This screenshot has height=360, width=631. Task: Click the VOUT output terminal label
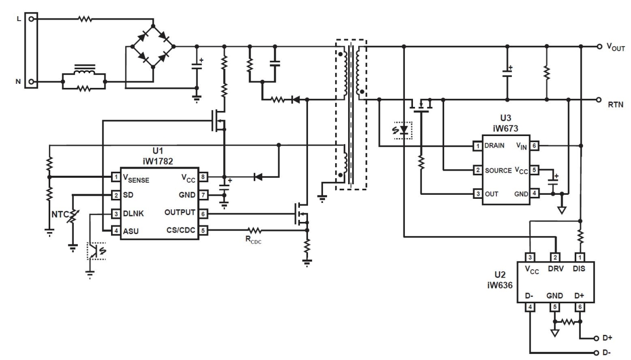click(x=616, y=47)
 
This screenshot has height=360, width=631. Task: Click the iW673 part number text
click(x=504, y=129)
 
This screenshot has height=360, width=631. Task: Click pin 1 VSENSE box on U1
click(x=115, y=177)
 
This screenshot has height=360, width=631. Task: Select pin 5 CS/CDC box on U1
click(x=203, y=230)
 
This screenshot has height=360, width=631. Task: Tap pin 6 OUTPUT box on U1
click(x=203, y=213)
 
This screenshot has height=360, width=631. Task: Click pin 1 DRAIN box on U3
click(x=477, y=147)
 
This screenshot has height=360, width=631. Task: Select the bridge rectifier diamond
click(x=153, y=47)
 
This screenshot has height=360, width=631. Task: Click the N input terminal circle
click(x=32, y=81)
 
